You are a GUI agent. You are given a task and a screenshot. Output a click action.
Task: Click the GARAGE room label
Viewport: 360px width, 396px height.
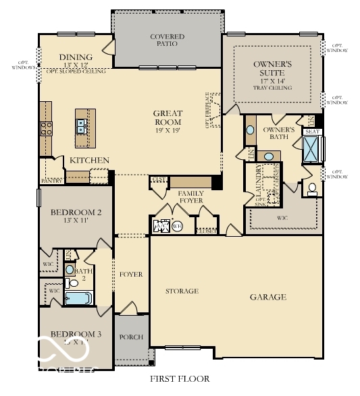(x=268, y=297)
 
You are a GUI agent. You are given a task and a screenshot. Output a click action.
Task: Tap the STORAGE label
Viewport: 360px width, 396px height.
(x=182, y=291)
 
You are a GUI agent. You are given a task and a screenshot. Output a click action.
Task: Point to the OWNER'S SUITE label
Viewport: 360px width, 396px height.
(x=273, y=67)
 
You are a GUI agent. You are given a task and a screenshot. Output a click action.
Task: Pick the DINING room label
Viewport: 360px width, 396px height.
(x=75, y=57)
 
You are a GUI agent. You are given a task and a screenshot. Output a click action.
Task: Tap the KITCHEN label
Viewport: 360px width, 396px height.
(x=90, y=160)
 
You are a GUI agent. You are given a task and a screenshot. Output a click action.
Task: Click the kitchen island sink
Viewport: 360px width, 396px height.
(x=80, y=124)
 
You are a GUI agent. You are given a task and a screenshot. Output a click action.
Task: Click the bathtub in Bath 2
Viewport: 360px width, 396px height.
(x=80, y=297)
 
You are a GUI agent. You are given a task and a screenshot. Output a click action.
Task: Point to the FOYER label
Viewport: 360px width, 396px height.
(x=131, y=275)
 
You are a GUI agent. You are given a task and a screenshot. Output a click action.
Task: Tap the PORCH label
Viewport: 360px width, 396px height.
(x=131, y=337)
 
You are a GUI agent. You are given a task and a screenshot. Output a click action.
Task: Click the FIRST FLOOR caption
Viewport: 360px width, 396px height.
(x=180, y=379)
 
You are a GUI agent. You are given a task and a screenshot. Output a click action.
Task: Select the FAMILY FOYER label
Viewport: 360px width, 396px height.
(x=191, y=198)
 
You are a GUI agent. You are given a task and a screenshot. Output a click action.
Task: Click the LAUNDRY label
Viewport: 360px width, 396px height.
(x=259, y=191)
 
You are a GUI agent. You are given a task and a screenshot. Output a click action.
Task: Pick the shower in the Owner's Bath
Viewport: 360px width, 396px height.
(x=312, y=149)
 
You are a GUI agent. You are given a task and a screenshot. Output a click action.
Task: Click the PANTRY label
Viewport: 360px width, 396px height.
(x=52, y=181)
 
